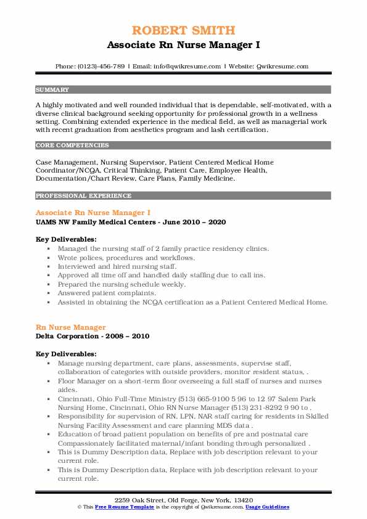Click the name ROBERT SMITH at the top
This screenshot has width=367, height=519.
(x=183, y=30)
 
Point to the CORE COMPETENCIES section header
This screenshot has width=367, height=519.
(x=72, y=145)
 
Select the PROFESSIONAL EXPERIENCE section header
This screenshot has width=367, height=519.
(x=83, y=196)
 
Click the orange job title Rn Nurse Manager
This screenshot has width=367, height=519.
(x=71, y=327)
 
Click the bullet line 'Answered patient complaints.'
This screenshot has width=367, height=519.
(x=102, y=294)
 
